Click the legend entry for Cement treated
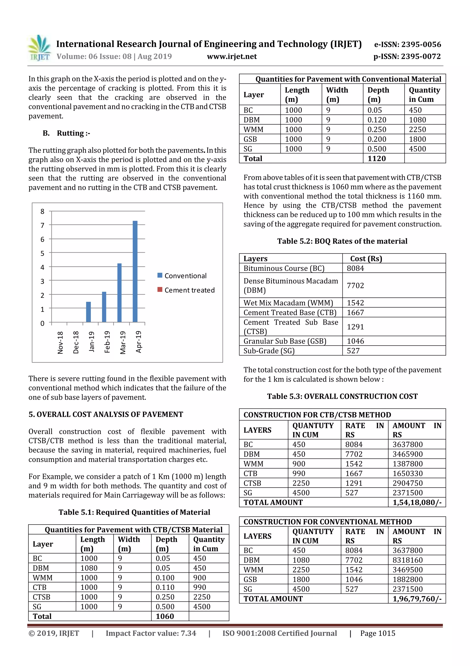[186, 290]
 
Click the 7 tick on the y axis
[42, 225]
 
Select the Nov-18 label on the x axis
[60, 343]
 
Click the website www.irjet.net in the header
[232, 56]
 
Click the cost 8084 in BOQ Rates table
[355, 268]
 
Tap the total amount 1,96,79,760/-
[417, 599]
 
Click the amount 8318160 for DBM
[407, 560]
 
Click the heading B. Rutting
[67, 133]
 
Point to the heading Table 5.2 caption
[342, 241]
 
